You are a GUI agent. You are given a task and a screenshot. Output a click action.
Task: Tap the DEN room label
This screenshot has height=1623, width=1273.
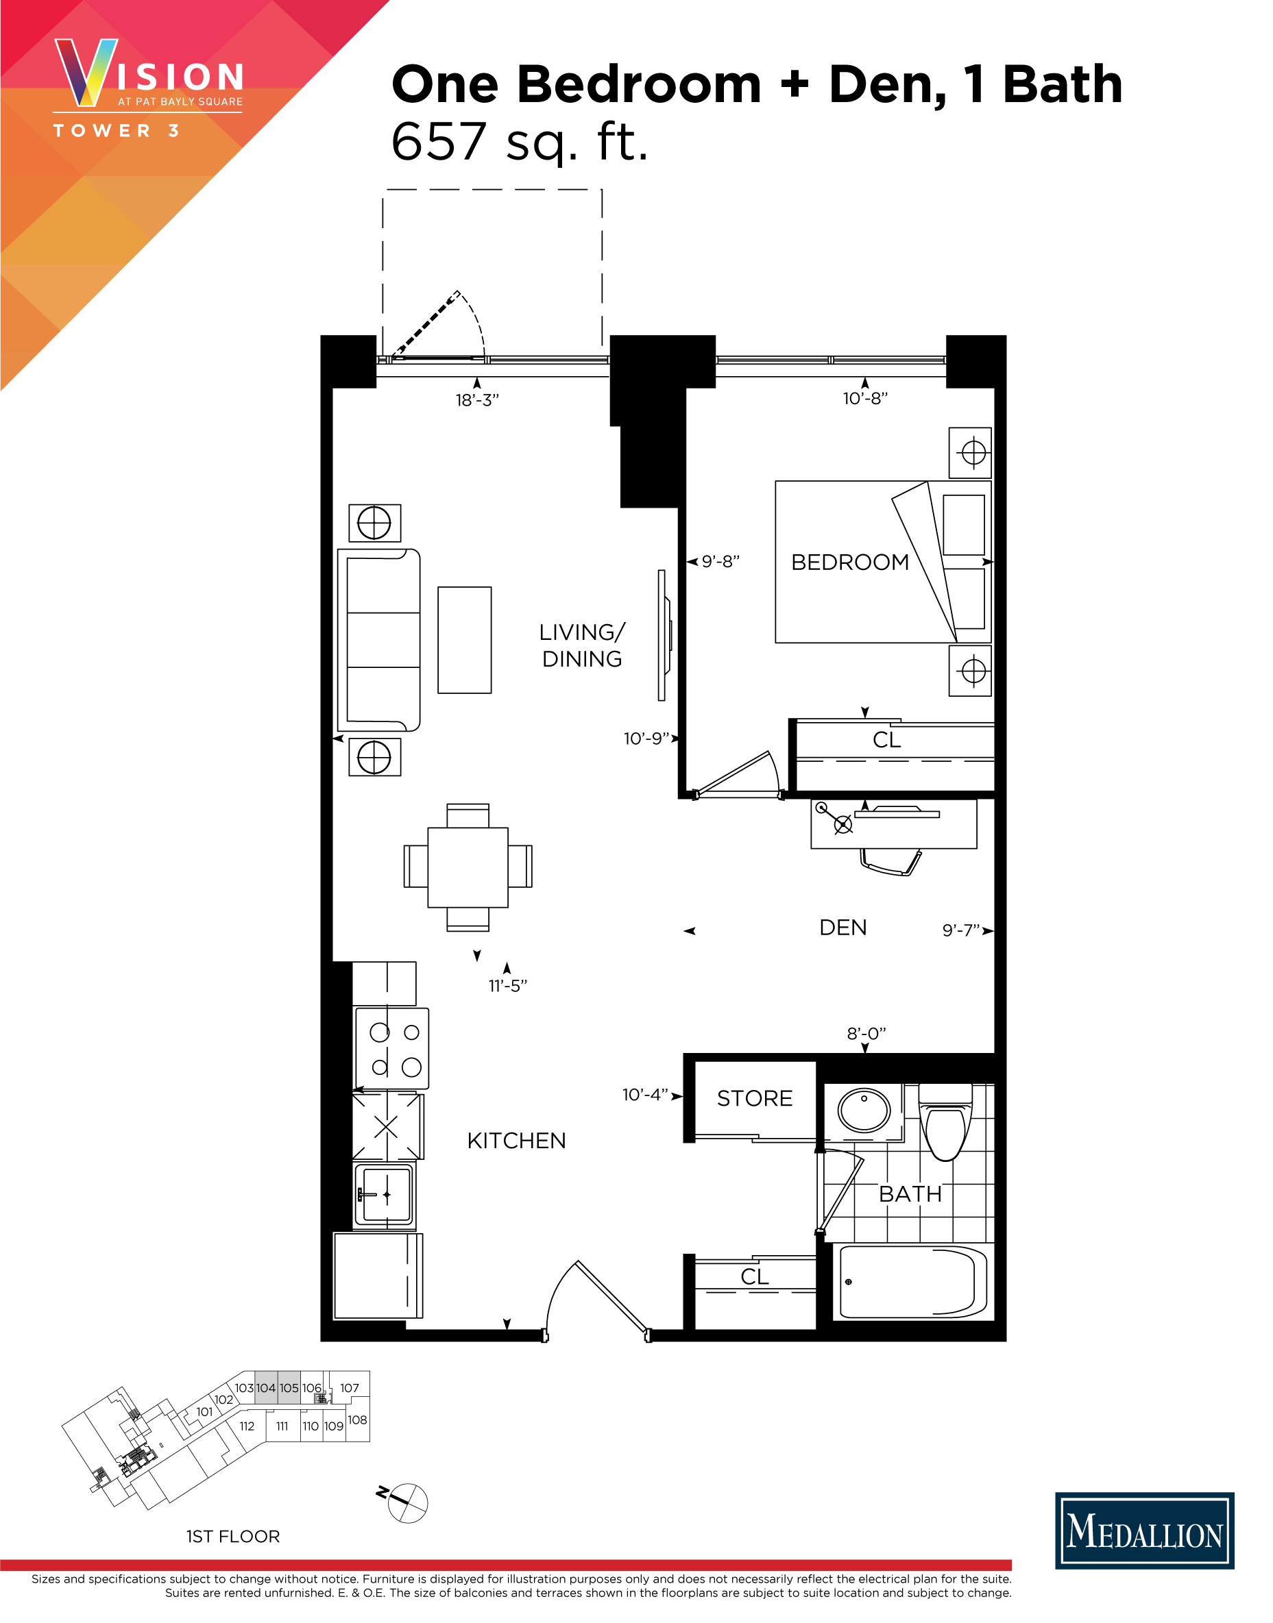(x=843, y=928)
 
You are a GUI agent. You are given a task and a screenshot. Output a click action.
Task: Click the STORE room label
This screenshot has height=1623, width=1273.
(x=754, y=1099)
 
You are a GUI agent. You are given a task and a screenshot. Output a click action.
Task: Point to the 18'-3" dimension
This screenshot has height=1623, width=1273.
(x=477, y=401)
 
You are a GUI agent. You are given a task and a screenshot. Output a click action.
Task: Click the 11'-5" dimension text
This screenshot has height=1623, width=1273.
(x=507, y=986)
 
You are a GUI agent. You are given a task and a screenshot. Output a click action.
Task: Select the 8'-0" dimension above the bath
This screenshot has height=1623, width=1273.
(x=866, y=1033)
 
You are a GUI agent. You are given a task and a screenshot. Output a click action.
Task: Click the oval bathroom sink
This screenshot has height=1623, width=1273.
(x=864, y=1110)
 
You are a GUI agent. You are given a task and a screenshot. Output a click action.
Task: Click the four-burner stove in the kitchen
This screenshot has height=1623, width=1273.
(x=393, y=1048)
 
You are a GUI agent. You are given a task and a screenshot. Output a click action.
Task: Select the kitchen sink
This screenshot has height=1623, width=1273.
(x=385, y=1194)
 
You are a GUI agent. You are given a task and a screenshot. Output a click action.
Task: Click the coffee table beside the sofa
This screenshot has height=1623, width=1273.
(x=464, y=640)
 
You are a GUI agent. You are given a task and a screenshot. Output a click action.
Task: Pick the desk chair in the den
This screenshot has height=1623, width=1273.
(x=890, y=863)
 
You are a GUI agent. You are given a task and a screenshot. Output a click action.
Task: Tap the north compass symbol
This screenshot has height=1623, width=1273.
(x=407, y=1502)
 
